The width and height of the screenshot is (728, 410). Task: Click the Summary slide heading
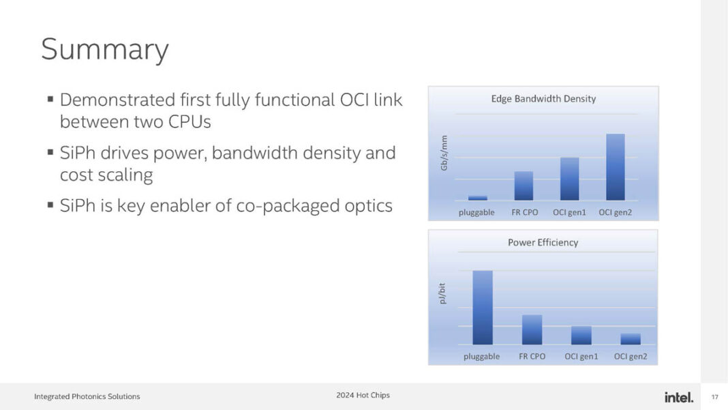pyautogui.click(x=104, y=50)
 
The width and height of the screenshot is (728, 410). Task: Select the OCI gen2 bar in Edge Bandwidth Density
pyautogui.click(x=615, y=167)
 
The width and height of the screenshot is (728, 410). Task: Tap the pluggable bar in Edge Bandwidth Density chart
pyautogui.click(x=477, y=198)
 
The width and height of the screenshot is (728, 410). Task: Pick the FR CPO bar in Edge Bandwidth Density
pyautogui.click(x=524, y=186)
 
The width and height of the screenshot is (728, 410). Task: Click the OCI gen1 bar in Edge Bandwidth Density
pyautogui.click(x=569, y=179)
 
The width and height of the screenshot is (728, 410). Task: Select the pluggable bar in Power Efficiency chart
pyautogui.click(x=483, y=308)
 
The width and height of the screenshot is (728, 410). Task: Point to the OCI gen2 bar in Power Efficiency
pyautogui.click(x=631, y=339)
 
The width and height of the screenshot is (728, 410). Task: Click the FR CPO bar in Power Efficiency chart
pyautogui.click(x=532, y=330)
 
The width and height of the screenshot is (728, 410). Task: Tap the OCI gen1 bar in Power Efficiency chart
pyautogui.click(x=581, y=335)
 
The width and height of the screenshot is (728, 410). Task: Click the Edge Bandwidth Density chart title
pyautogui.click(x=543, y=99)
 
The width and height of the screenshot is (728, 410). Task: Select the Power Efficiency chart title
pyautogui.click(x=543, y=242)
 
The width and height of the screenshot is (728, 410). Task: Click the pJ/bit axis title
pyautogui.click(x=442, y=293)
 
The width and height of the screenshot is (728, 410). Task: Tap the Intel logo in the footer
pyautogui.click(x=678, y=397)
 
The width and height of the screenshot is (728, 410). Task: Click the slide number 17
pyautogui.click(x=715, y=397)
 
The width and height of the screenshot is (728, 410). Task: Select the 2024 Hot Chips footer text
pyautogui.click(x=363, y=395)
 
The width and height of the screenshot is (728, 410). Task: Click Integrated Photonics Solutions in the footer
pyautogui.click(x=87, y=396)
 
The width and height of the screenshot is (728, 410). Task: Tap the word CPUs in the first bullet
pyautogui.click(x=187, y=122)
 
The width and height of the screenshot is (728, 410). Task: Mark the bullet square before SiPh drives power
pyautogui.click(x=50, y=151)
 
